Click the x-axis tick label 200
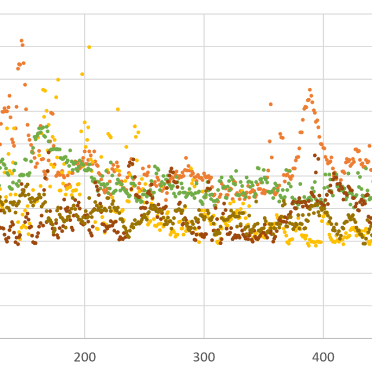coord(85,357)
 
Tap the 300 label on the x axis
coord(204,357)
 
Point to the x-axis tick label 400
coord(323,357)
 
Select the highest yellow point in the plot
coord(89,47)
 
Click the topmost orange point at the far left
coord(22,41)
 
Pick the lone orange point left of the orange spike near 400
coord(271,104)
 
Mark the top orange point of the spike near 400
coord(310,90)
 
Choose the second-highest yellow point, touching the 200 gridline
coord(83,74)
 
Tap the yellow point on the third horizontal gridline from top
coord(58,80)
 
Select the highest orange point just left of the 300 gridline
coord(186,158)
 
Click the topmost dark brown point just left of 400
coord(314,155)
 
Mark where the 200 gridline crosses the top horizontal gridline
coord(85,15)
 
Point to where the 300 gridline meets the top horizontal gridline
coord(204,15)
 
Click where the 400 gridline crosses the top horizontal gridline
coord(323,15)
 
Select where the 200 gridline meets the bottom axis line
coord(85,338)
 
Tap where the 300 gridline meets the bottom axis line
coord(204,338)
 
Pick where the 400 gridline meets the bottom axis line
coord(323,338)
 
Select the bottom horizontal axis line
coord(145,338)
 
